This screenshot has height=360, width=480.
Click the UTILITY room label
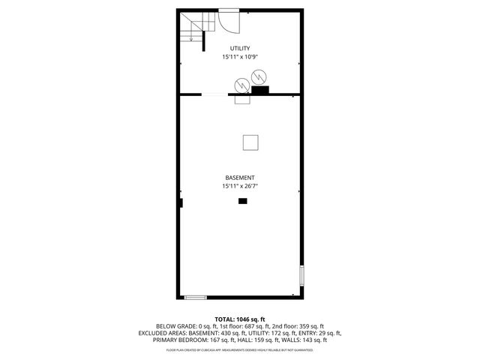pos(240,48)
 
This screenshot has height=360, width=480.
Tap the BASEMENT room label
pos(240,178)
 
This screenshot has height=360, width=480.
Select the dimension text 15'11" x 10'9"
pos(240,57)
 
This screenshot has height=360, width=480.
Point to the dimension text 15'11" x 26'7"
pos(240,186)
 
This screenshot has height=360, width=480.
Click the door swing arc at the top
pos(228,23)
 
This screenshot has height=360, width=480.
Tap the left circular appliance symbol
pos(241,84)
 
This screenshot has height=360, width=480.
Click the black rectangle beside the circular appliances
pos(260,91)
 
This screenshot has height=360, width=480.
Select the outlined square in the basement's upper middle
pos(250,141)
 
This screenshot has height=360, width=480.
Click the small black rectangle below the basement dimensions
pos(242,201)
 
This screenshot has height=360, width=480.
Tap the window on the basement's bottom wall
pos(195,297)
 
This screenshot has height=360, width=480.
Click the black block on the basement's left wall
pos(181,202)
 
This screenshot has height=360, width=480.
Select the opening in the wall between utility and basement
pos(214,94)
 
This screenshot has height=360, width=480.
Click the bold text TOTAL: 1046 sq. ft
pos(240,319)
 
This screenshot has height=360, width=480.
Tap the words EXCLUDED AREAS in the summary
pos(163,333)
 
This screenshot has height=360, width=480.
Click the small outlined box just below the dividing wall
pos(242,99)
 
